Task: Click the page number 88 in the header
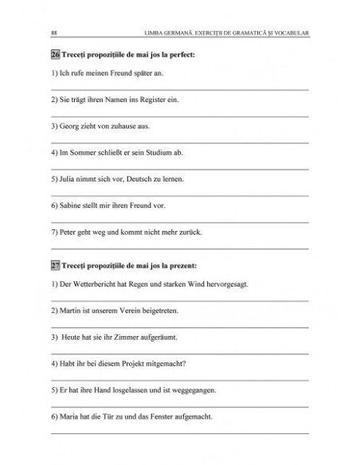pyautogui.click(x=53, y=33)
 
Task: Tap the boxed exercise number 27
pyautogui.click(x=54, y=264)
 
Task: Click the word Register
pyautogui.click(x=151, y=100)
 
